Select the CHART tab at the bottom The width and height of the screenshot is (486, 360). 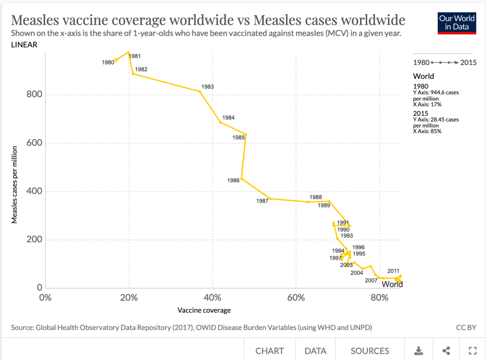coord(269,351)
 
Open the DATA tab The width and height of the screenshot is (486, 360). coord(315,351)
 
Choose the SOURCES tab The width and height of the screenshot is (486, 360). coord(370,351)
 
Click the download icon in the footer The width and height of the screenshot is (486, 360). coord(419,351)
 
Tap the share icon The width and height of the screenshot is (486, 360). coord(446,351)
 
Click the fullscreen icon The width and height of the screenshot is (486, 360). coord(472,351)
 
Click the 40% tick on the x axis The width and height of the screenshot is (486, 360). coord(212,298)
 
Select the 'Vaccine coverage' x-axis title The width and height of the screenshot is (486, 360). coord(204,311)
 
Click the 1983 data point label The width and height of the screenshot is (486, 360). coord(208,87)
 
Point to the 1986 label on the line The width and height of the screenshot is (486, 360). coord(233,180)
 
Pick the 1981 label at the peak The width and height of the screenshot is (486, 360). coord(135,56)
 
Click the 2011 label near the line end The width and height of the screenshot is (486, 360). coord(393,271)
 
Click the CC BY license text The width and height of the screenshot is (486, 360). coord(466,327)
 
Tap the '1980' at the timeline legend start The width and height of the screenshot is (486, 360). coord(421,62)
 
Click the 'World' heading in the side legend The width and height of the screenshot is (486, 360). coord(423,76)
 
